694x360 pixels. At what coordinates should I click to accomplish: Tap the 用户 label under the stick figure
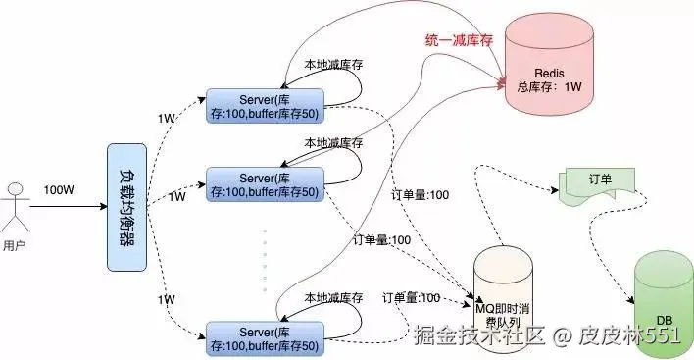(x=15, y=245)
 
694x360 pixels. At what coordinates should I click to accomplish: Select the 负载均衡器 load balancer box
(x=126, y=207)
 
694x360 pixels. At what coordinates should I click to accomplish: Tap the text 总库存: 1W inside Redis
(x=548, y=87)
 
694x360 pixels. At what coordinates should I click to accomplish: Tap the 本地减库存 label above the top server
(x=332, y=62)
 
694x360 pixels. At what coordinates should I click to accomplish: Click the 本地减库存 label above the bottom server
(x=333, y=297)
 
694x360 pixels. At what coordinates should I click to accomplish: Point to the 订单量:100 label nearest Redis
(x=421, y=194)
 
